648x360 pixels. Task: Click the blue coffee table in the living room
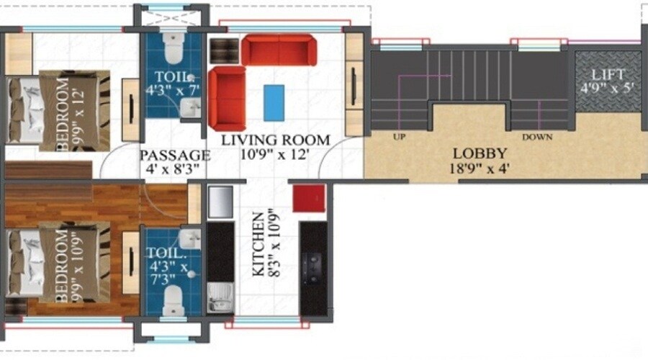[x=274, y=102]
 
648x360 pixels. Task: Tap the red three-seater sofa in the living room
[x=278, y=50]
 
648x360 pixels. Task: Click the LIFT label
[x=608, y=75]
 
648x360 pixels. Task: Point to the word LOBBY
[x=480, y=153]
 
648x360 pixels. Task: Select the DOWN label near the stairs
[x=537, y=136]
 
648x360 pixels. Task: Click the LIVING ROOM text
[x=275, y=140]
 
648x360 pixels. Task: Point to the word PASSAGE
[x=174, y=155]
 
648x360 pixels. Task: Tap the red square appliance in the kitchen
[x=309, y=198]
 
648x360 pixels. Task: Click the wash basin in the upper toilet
[x=191, y=107]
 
